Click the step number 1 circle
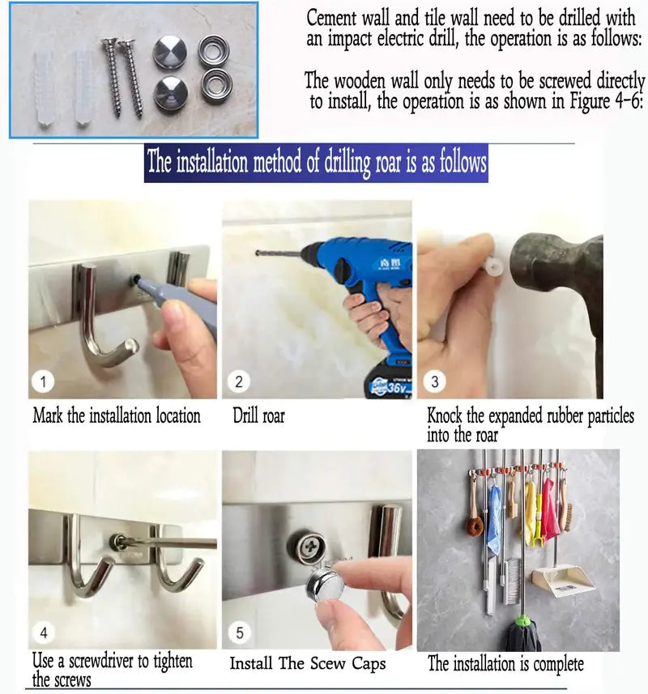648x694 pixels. (43, 381)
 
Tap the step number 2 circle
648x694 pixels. (239, 381)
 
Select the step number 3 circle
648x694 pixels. (434, 381)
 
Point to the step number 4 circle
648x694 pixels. (44, 632)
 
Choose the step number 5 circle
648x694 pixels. (240, 632)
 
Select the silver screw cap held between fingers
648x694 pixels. (325, 584)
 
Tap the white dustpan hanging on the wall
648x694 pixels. (562, 580)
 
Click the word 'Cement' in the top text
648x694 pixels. (331, 19)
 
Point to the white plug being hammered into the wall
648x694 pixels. (492, 267)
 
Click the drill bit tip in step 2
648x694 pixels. (257, 253)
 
